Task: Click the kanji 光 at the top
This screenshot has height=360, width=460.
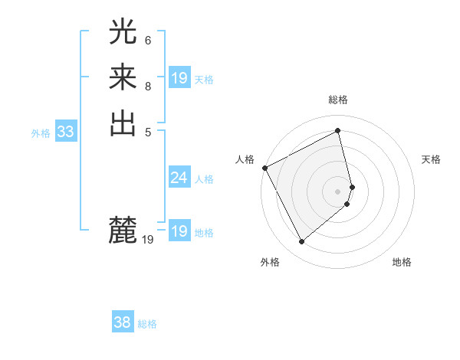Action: [123, 31]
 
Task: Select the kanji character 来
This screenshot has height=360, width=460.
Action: [123, 77]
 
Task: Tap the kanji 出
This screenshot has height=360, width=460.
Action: [123, 123]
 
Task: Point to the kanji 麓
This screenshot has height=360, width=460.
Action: [123, 230]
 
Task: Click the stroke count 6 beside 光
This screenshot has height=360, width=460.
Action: [148, 40]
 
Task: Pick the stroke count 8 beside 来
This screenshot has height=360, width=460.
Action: [148, 86]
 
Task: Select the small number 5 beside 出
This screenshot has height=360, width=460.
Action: [148, 131]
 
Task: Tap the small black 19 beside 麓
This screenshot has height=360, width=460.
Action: [148, 240]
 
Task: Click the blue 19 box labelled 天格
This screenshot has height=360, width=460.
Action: [179, 78]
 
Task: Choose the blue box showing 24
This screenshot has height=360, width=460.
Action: [179, 178]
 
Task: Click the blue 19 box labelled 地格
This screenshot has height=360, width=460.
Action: [179, 231]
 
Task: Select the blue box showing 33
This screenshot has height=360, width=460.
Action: [66, 132]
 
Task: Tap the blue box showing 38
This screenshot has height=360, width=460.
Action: [123, 323]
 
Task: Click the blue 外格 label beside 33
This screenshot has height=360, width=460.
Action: [41, 133]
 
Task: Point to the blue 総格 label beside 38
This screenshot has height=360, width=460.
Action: [147, 324]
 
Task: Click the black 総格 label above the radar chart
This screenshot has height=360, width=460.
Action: [338, 100]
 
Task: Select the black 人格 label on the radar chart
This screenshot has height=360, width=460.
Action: [245, 159]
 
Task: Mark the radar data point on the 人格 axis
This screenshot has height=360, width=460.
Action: [264, 168]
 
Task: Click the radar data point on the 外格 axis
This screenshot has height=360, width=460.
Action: [301, 242]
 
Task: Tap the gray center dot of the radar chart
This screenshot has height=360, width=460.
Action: [338, 191]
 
